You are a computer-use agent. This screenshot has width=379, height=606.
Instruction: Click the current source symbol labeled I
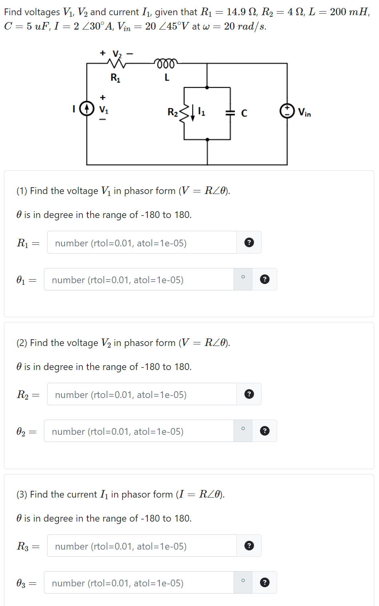pyautogui.click(x=87, y=108)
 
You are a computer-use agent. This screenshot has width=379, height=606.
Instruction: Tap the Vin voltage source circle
pyautogui.click(x=287, y=111)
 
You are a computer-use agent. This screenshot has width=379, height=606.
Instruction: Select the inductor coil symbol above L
pyautogui.click(x=166, y=63)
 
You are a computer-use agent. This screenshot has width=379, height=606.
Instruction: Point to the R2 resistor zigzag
pyautogui.click(x=184, y=113)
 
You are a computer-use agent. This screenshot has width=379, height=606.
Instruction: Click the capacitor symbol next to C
pyautogui.click(x=230, y=113)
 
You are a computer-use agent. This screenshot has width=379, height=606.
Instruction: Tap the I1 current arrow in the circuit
pyautogui.click(x=193, y=113)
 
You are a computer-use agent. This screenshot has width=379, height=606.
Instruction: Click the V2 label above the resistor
pyautogui.click(x=117, y=54)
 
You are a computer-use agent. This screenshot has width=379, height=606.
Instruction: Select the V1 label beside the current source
pyautogui.click(x=103, y=109)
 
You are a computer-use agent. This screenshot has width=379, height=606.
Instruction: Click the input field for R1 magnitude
pyautogui.click(x=142, y=243)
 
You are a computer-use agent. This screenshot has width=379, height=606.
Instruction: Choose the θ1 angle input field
pyautogui.click(x=139, y=280)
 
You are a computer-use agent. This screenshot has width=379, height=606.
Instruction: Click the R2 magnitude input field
pyautogui.click(x=142, y=394)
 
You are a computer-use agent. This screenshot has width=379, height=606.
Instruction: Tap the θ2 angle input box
pyautogui.click(x=139, y=431)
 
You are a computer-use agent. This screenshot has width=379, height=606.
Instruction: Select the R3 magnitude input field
pyautogui.click(x=142, y=546)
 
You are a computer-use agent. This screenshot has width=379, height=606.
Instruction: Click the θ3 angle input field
pyautogui.click(x=139, y=583)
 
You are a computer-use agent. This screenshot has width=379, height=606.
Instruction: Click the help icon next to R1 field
pyautogui.click(x=249, y=242)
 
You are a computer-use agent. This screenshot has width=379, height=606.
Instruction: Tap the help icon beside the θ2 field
pyautogui.click(x=264, y=431)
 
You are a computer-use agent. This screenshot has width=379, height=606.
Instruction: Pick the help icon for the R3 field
pyautogui.click(x=249, y=546)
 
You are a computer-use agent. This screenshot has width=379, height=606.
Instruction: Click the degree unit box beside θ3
pyautogui.click(x=243, y=582)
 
